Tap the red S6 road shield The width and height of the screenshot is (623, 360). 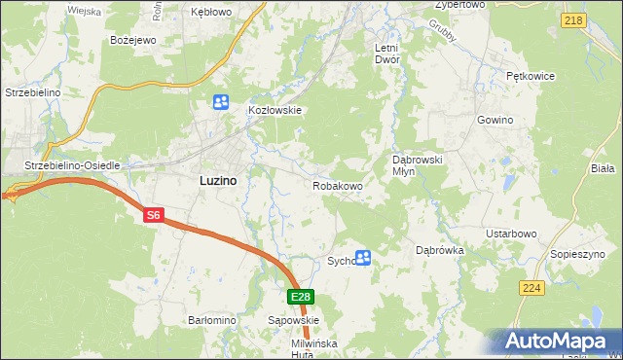(x=153, y=216)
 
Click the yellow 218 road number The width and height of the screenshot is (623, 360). (x=573, y=20)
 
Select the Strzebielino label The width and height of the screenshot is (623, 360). (x=34, y=91)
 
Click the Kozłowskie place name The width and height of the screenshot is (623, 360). (x=276, y=110)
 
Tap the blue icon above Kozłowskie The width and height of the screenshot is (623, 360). (x=221, y=100)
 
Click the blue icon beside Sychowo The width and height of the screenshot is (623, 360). (x=363, y=258)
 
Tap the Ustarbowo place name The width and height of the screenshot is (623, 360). (x=512, y=234)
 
